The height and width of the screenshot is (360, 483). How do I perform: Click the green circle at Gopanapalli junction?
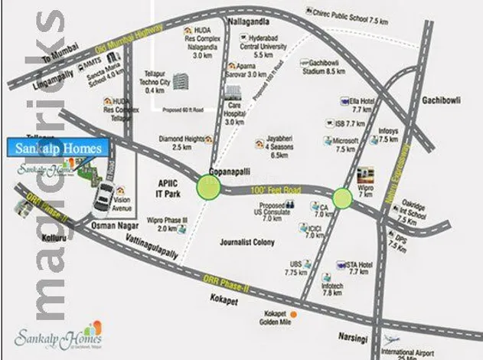(x=208, y=186)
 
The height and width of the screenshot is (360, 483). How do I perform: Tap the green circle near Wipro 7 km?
(x=342, y=198)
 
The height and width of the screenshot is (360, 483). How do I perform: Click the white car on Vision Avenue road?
(x=100, y=198)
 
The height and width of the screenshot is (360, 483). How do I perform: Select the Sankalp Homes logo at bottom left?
(x=53, y=338)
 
